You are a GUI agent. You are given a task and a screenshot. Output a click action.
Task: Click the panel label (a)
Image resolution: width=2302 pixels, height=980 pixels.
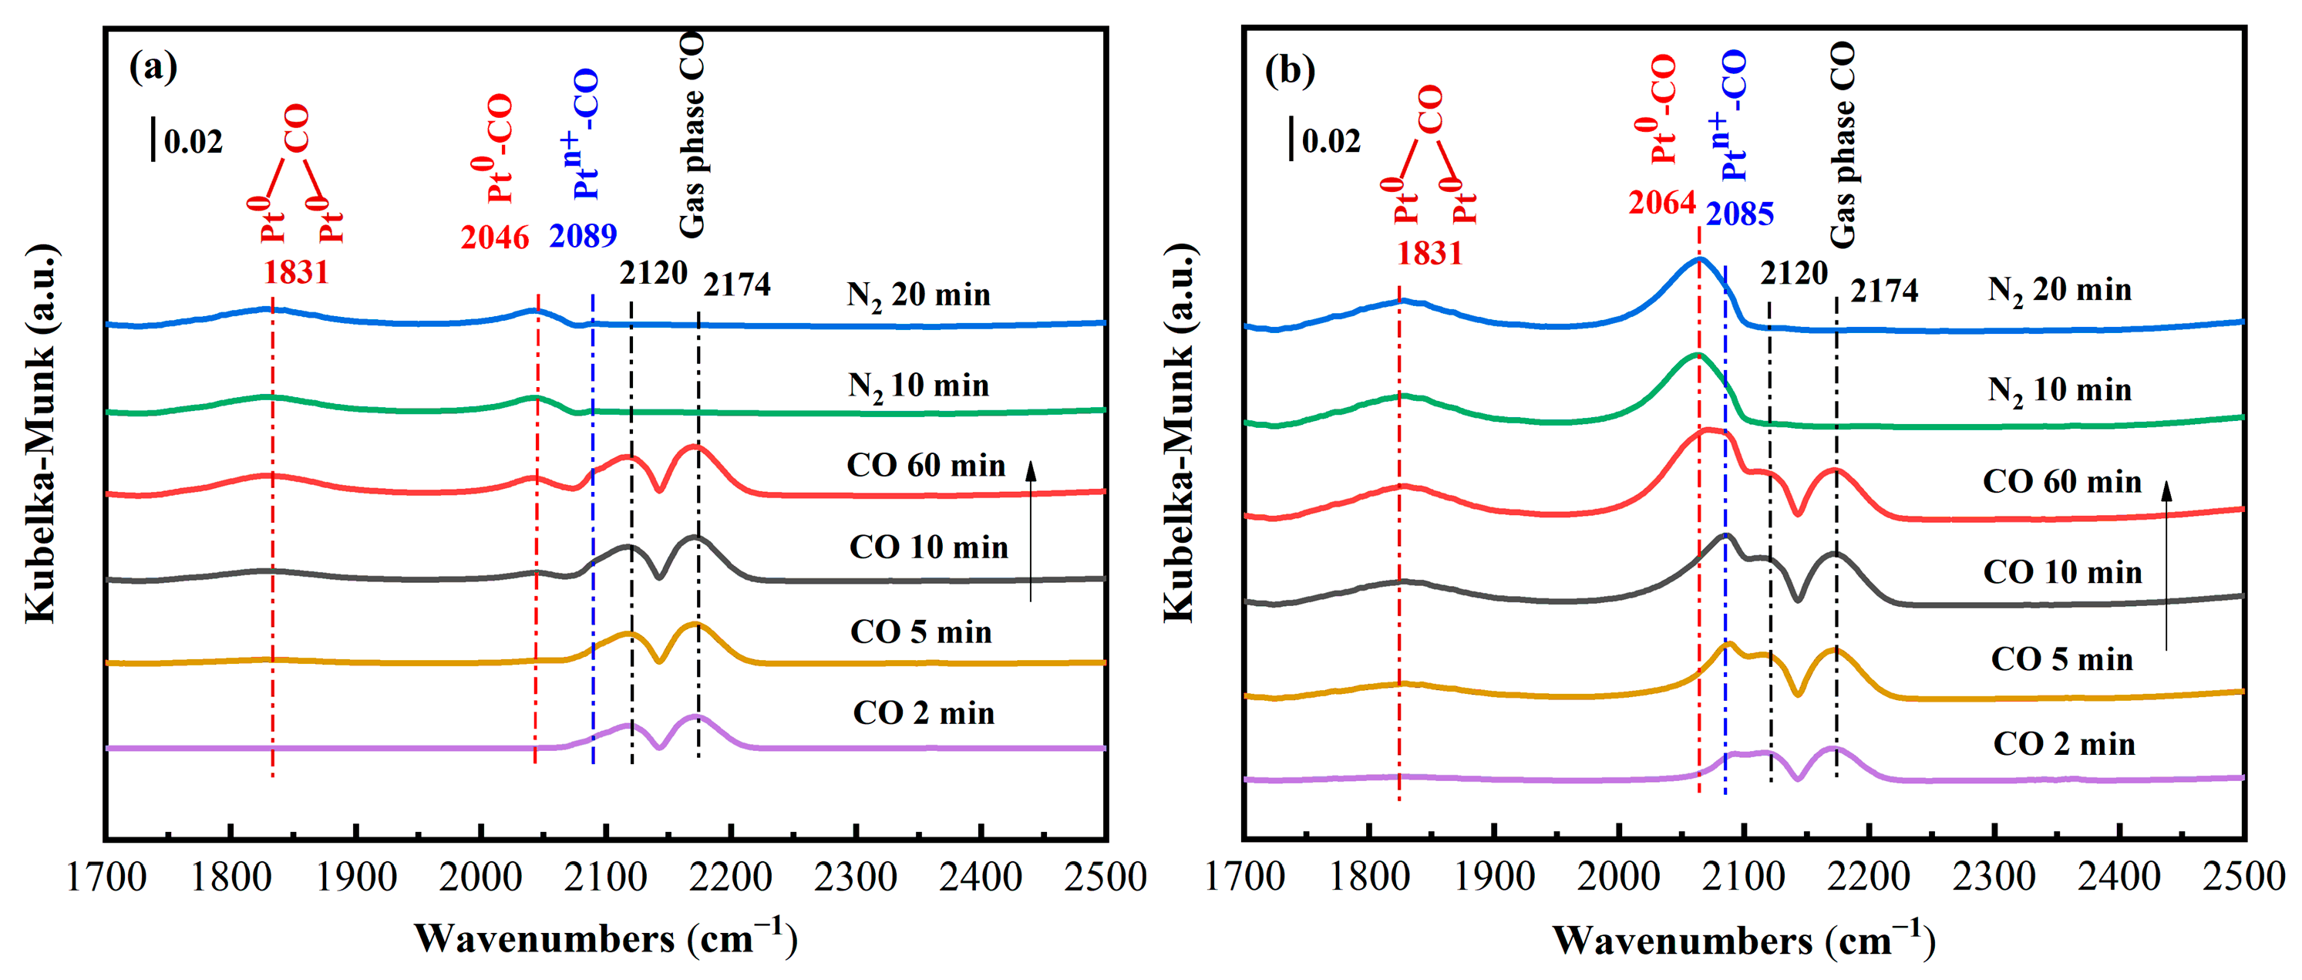(x=153, y=67)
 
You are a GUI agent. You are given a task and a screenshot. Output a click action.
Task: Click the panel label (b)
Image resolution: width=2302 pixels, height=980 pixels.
(x=1290, y=69)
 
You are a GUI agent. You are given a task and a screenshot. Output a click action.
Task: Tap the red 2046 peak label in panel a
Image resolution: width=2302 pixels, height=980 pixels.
(x=495, y=237)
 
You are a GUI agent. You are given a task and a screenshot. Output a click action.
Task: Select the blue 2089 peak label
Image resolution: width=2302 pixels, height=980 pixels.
(x=583, y=236)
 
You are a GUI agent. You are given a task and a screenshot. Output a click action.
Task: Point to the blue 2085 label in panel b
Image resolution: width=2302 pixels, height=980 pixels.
(x=1739, y=214)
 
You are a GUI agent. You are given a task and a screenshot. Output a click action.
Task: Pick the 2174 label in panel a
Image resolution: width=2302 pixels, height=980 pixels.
(x=736, y=285)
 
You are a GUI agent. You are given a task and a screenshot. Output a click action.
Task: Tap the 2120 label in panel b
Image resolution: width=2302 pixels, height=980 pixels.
(x=1793, y=274)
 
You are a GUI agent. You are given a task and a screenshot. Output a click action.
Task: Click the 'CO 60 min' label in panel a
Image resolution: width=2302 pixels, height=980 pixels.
(x=926, y=466)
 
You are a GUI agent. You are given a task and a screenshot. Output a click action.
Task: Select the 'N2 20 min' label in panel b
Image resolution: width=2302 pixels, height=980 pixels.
(x=2059, y=291)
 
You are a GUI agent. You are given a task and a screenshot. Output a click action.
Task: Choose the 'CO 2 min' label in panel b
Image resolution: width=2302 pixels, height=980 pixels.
(x=2064, y=744)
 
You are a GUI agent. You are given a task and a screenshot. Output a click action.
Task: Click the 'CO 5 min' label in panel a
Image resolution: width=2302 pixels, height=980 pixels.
(x=920, y=632)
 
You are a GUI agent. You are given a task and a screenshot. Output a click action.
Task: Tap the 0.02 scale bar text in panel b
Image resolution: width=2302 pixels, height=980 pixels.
(x=1331, y=141)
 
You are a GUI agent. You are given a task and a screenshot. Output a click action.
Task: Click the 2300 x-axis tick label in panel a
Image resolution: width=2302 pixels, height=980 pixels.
(x=855, y=877)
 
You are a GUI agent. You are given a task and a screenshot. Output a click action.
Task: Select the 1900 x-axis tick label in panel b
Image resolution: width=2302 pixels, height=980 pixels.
(x=1493, y=877)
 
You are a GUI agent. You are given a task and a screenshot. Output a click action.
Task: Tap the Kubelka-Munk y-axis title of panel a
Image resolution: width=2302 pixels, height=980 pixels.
(x=40, y=433)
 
